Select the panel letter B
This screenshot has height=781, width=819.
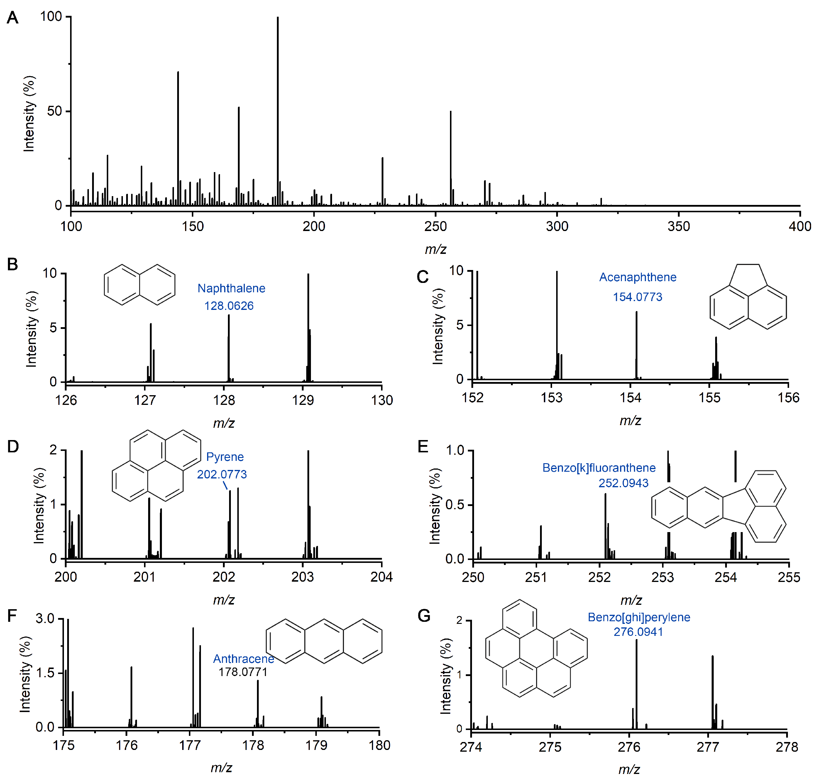point(13,264)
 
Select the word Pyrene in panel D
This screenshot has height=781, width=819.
point(225,457)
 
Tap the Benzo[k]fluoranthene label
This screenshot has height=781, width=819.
point(599,468)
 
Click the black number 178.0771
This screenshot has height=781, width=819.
point(243,672)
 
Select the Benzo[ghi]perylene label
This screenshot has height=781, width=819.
point(639,617)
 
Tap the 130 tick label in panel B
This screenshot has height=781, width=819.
point(382,400)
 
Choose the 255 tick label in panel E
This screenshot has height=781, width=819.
point(788,578)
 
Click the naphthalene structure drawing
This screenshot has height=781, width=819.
point(140,285)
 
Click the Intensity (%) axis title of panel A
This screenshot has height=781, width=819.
point(29,113)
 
